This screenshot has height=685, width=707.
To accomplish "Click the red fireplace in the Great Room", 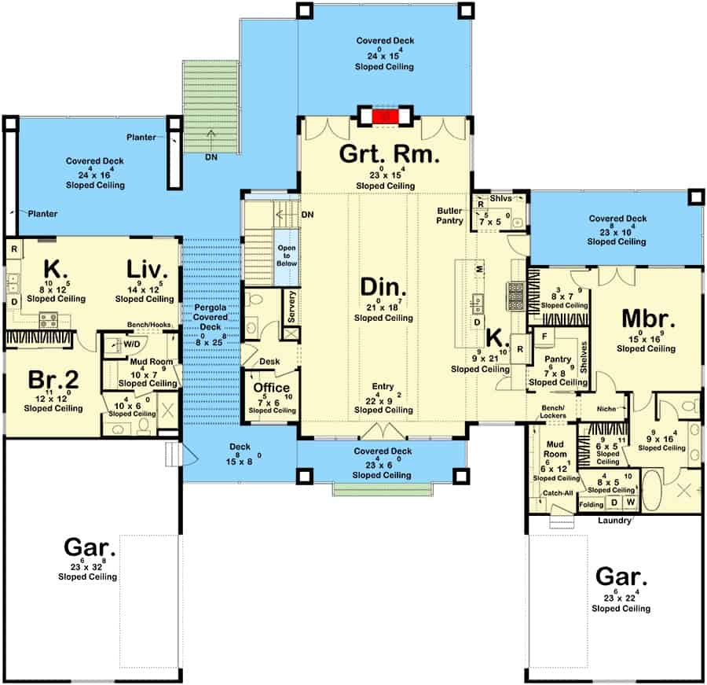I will coord(385,116).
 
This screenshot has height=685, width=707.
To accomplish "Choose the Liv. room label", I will coord(148,270).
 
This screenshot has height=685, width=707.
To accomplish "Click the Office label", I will coord(272,389).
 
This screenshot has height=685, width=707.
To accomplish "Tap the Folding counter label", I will coord(592,504).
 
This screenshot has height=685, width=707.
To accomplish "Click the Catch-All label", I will coord(555,494).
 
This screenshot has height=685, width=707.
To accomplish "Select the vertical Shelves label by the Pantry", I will coord(584,358).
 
